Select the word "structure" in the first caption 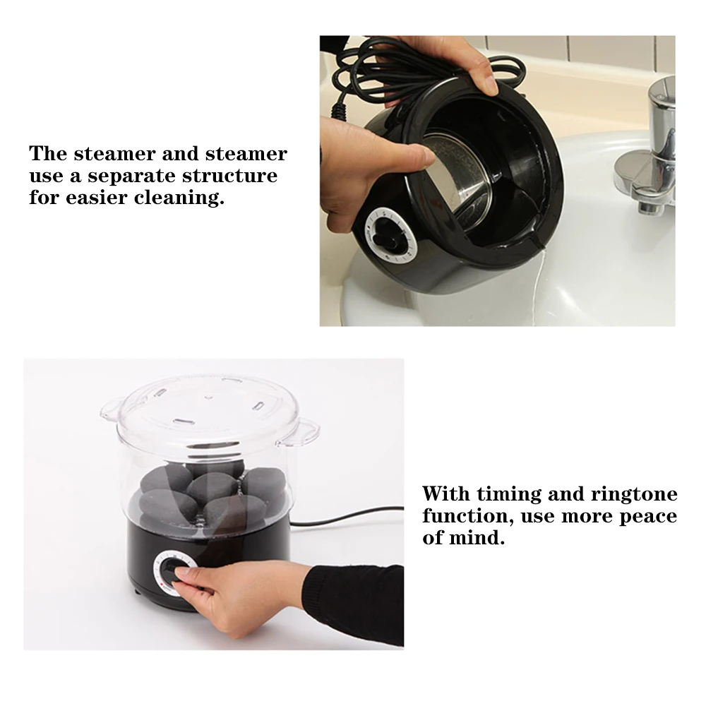coord(229,176)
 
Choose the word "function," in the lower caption coord(468,515)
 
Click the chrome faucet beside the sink coord(648,148)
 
